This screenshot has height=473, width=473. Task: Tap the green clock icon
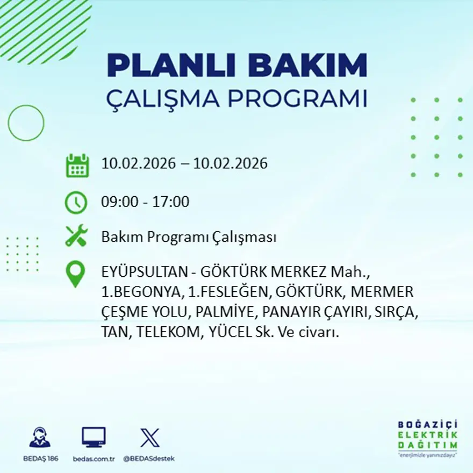click(76, 203)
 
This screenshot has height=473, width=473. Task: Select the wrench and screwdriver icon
click(76, 236)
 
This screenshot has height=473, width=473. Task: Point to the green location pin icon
click(75, 273)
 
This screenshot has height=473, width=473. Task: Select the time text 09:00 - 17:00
click(145, 202)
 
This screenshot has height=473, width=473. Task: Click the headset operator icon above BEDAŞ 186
click(40, 438)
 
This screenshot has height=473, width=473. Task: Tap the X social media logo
click(149, 438)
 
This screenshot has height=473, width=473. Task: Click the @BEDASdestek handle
click(149, 458)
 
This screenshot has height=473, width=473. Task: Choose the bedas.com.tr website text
click(94, 458)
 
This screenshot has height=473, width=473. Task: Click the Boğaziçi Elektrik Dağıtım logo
click(428, 438)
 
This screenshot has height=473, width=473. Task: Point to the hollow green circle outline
click(26, 123)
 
